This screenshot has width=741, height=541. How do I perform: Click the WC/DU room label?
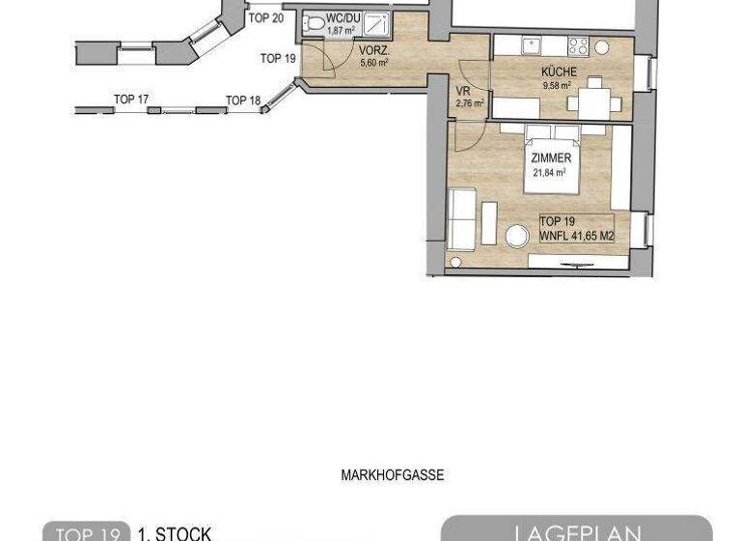[x=343, y=17]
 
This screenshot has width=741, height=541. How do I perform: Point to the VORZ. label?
[x=374, y=50]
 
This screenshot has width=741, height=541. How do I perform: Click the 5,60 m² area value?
[x=373, y=63]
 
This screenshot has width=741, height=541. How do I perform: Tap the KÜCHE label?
[x=560, y=72]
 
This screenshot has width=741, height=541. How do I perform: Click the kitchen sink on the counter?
[x=530, y=45]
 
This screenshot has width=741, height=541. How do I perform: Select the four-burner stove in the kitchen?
[x=579, y=45]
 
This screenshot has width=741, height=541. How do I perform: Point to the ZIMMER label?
[x=551, y=158]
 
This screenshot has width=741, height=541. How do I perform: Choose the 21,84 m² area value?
[x=551, y=173]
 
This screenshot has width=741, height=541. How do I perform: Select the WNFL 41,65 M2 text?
[x=576, y=234]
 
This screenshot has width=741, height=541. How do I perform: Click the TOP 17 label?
[x=130, y=100]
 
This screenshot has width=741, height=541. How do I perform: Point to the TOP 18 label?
[x=243, y=100]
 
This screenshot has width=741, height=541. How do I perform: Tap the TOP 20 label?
[x=265, y=17]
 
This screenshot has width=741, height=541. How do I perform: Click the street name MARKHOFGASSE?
[x=392, y=475]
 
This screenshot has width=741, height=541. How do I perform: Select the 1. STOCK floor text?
[x=175, y=532]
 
